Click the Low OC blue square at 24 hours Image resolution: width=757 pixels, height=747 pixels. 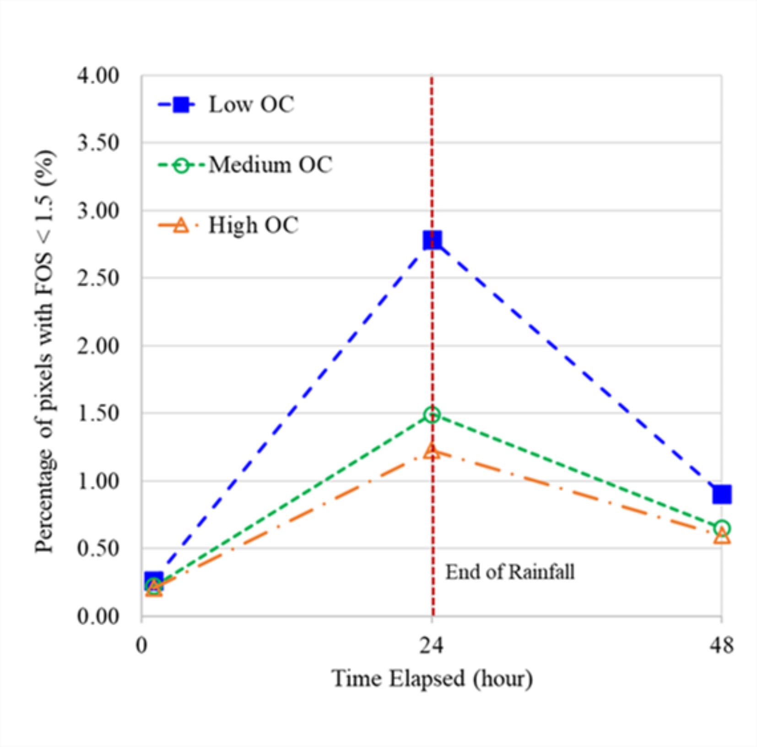(x=432, y=240)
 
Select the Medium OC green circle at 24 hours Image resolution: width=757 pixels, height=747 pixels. (x=432, y=415)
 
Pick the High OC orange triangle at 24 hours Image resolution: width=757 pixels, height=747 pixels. (x=432, y=452)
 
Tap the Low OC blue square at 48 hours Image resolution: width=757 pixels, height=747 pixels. (x=722, y=494)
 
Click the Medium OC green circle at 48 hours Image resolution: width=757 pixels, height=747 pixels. (x=722, y=528)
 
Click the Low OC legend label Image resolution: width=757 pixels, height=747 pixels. (x=251, y=104)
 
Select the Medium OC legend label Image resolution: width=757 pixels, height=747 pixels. (x=270, y=165)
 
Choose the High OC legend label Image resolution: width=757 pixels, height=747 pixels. (x=253, y=225)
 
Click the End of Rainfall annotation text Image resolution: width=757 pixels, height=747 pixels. (x=510, y=572)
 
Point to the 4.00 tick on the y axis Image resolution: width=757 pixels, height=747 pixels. (x=98, y=76)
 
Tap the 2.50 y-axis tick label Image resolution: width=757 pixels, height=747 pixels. (x=98, y=278)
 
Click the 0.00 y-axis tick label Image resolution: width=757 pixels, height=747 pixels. (x=98, y=616)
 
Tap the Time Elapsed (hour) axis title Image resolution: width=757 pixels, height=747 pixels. (x=432, y=678)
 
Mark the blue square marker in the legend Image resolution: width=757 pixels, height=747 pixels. (x=182, y=104)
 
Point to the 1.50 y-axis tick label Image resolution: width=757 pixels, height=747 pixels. (x=98, y=413)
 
